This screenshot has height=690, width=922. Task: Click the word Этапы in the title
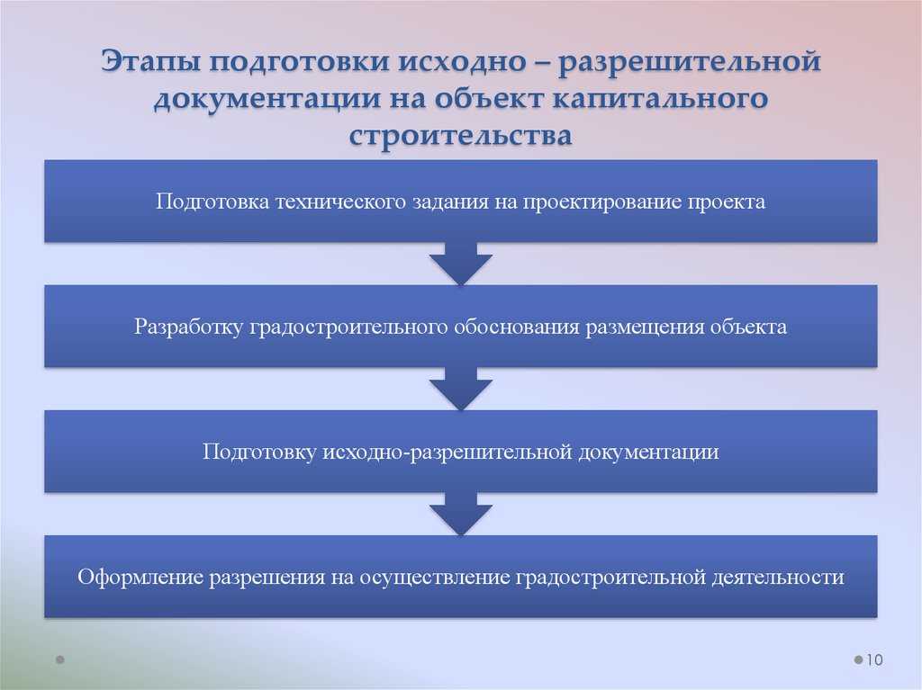150,62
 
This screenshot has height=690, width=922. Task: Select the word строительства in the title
460,136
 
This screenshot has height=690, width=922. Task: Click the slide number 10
874,659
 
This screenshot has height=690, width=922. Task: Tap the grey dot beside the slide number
858,659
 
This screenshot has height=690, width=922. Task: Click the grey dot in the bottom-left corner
60,659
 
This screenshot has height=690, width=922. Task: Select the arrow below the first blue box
460,264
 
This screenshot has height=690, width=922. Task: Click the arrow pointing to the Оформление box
460,514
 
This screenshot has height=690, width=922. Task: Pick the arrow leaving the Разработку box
460,389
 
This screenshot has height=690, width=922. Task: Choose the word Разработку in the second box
188,327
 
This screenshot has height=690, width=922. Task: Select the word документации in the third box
648,453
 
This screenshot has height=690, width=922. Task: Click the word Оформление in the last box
140,578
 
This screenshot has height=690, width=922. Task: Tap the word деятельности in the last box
778,578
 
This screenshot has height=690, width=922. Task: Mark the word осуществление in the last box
435,578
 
